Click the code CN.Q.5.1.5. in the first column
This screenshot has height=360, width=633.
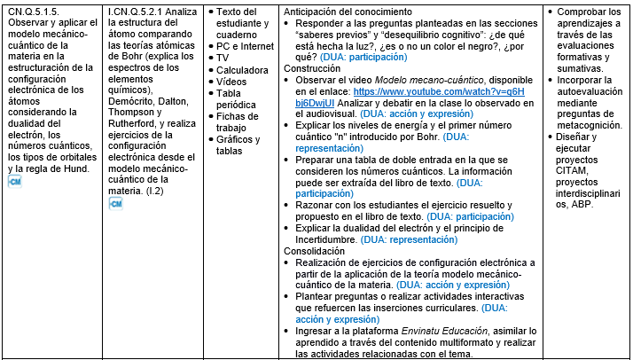pos(32,11)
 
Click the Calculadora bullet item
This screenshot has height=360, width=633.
pos(245,69)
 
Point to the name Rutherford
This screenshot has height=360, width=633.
pos(132,123)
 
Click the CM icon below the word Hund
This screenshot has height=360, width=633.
pos(14,182)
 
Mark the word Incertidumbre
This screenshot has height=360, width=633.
pos(325,239)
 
